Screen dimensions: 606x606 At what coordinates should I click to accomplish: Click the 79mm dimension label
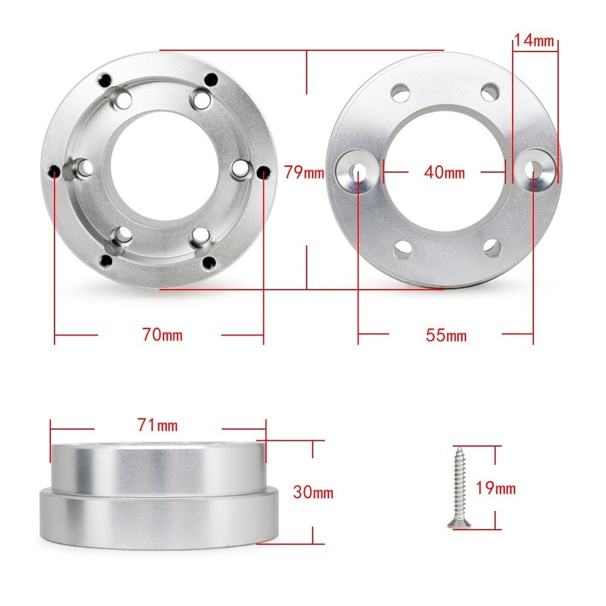click(x=304, y=173)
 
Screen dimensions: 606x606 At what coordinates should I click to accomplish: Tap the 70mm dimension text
click(x=162, y=335)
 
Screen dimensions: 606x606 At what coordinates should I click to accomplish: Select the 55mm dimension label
click(x=446, y=335)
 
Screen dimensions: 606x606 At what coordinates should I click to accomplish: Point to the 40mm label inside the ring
click(x=444, y=172)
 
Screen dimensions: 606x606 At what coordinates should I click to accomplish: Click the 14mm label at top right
click(x=535, y=40)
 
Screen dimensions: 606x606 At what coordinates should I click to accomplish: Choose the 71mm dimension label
click(x=157, y=426)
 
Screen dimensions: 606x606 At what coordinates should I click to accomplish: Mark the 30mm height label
click(x=313, y=492)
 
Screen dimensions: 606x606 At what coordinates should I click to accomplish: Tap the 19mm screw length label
click(x=495, y=488)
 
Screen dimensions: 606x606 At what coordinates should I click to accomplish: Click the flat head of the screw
click(x=459, y=524)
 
